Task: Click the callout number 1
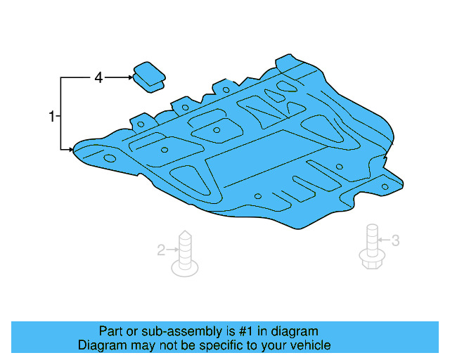coord(51,116)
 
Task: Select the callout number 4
coord(98,78)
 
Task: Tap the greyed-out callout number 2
coord(160,249)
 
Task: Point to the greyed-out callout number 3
coord(395,240)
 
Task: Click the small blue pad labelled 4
coord(148,76)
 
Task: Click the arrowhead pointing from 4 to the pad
coord(131,77)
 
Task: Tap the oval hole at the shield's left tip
coord(110,159)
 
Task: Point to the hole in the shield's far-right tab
coord(385,186)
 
